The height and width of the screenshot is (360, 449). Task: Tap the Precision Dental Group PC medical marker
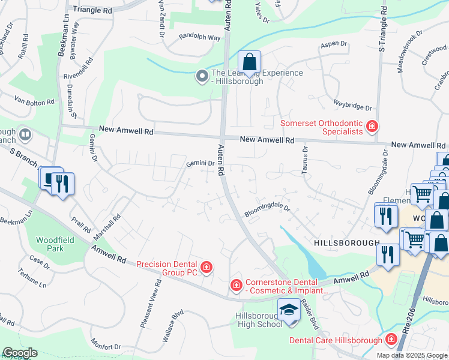tap(206, 267)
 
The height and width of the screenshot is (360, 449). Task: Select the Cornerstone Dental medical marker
tap(237, 284)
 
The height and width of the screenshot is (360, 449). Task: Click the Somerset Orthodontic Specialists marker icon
tap(372, 126)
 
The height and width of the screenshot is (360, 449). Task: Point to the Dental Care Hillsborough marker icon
tap(391, 340)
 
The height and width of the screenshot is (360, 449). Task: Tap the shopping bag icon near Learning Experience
tap(249, 61)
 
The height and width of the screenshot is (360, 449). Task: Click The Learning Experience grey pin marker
tap(202, 76)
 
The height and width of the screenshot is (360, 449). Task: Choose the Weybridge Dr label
tap(353, 106)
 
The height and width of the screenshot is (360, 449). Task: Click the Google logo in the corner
tap(20, 353)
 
